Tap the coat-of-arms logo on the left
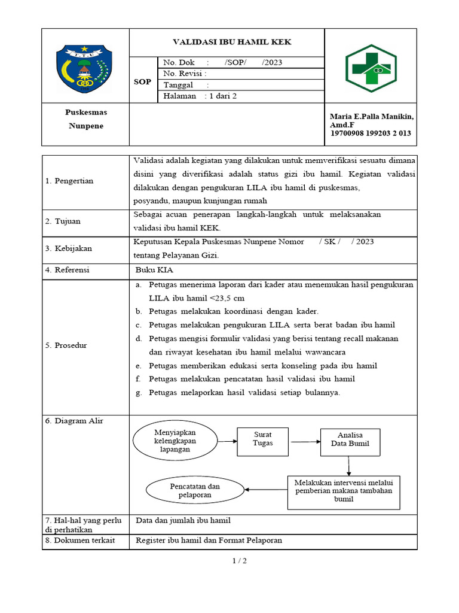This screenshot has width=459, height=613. point(84,69)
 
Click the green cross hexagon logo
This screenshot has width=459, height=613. point(371,68)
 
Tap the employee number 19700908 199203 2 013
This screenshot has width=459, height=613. point(371,133)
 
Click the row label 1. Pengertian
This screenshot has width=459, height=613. point(69,181)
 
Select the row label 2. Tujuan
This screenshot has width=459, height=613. point(63,221)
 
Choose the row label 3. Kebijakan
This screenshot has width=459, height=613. point(69,248)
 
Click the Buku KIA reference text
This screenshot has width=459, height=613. point(154,270)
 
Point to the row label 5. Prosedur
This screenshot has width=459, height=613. point(66,345)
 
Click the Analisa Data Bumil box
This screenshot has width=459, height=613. point(350,440)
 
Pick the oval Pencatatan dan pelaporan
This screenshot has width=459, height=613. point(195,491)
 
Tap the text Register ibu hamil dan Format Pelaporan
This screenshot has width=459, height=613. point(209,540)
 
